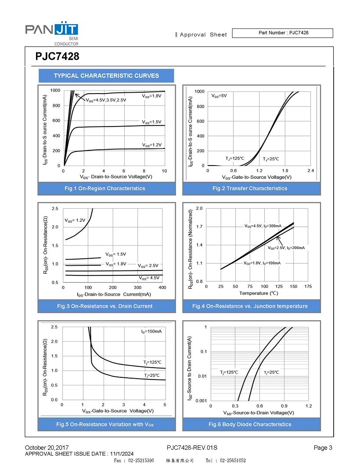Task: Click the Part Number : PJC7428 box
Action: (282, 33)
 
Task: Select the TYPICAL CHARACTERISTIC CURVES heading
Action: (106, 76)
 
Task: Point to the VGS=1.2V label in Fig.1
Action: (151, 144)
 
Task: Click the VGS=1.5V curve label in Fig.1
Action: (151, 122)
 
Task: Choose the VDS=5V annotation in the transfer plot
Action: (219, 95)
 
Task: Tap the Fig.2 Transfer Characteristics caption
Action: (250, 188)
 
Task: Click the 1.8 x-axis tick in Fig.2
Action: (285, 170)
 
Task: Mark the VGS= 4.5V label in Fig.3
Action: (149, 278)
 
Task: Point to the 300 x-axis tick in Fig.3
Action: (137, 287)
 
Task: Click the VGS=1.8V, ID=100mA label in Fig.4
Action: (262, 263)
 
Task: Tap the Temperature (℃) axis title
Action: (259, 293)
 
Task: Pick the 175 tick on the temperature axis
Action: (308, 286)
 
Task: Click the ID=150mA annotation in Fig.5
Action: (151, 331)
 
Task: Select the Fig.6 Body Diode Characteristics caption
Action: (250, 424)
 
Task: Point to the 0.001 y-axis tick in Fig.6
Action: (201, 401)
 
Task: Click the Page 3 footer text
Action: (323, 448)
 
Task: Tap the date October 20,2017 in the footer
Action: (47, 448)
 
